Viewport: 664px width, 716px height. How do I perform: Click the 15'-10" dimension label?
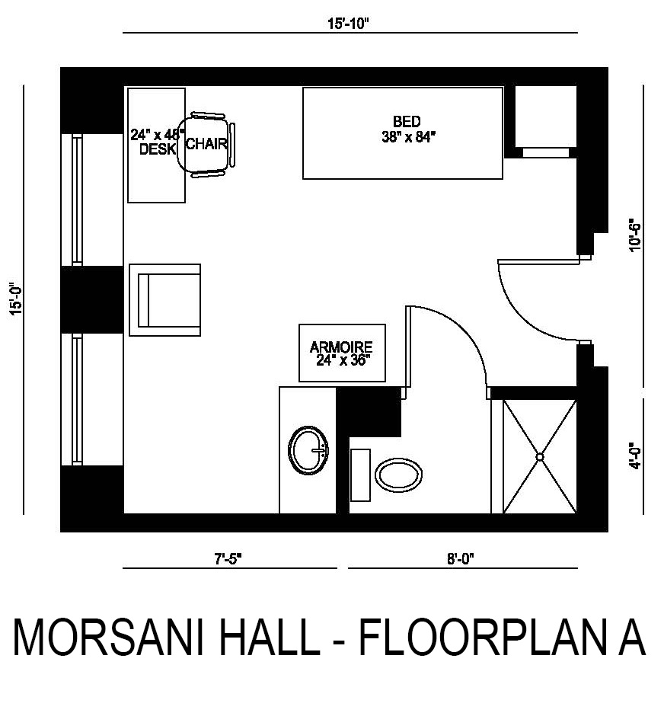click(x=347, y=24)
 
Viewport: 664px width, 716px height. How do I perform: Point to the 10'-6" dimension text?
click(x=635, y=237)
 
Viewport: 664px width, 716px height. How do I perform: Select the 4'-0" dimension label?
click(x=635, y=455)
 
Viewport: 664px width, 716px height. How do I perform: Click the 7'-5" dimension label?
click(x=228, y=558)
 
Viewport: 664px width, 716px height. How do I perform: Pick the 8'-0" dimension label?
click(x=461, y=558)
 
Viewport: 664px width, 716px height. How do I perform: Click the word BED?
click(x=407, y=121)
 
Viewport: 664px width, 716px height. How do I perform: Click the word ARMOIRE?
click(x=341, y=347)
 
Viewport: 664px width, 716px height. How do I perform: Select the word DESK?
click(x=158, y=149)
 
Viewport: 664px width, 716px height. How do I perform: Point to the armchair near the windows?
click(x=164, y=300)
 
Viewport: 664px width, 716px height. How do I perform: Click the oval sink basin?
click(x=308, y=450)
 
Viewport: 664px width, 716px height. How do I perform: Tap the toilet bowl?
click(x=398, y=475)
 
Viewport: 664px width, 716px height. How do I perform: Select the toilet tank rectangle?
click(x=360, y=475)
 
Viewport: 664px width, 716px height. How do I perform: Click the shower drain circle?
click(x=540, y=456)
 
